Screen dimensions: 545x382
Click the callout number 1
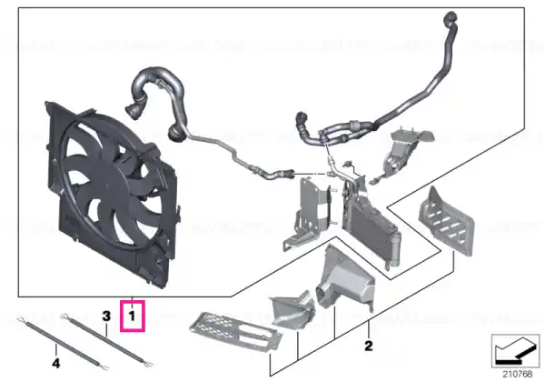[132, 317]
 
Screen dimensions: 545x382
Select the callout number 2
[369, 346]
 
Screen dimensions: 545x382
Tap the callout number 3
[106, 317]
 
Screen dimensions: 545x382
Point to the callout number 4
[56, 364]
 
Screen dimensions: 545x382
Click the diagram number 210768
[517, 375]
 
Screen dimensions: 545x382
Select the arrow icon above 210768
[515, 351]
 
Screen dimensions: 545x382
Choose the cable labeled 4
[63, 344]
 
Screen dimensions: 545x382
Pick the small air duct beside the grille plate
[293, 309]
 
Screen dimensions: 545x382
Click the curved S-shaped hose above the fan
[158, 101]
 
